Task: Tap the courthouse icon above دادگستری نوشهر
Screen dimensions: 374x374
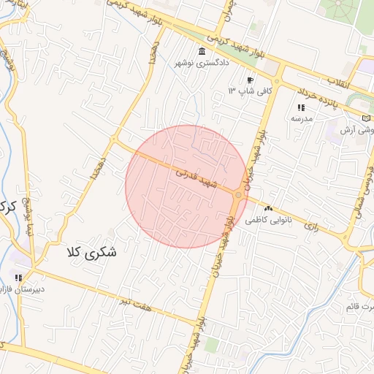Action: pos(201,51)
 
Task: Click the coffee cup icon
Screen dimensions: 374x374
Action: pos(250,80)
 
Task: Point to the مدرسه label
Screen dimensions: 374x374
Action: pos(302,118)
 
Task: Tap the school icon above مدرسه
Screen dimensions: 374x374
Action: pos(301,107)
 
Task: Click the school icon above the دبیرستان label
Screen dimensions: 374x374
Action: pos(18,278)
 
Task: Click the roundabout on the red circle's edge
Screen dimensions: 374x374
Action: pos(239,194)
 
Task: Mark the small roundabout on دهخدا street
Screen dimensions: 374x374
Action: pos(114,139)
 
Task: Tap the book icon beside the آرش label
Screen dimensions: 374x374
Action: pos(366,118)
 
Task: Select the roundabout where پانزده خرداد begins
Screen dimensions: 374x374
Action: pos(278,81)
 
